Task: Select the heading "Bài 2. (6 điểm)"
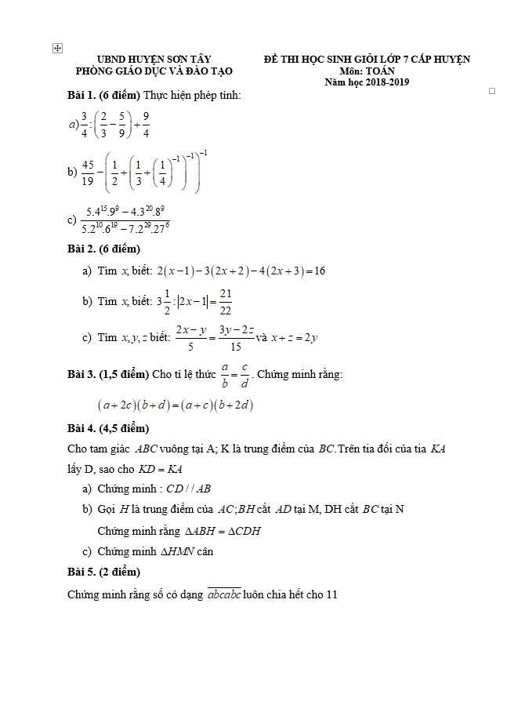pyautogui.click(x=103, y=249)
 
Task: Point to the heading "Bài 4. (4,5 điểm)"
pyautogui.click(x=108, y=428)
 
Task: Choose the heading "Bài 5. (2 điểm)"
pyautogui.click(x=103, y=572)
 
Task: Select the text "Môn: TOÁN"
pyautogui.click(x=367, y=71)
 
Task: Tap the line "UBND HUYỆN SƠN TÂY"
pyautogui.click(x=154, y=60)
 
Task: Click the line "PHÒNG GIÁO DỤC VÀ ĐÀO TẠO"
pyautogui.click(x=154, y=71)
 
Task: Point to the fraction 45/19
pyautogui.click(x=87, y=173)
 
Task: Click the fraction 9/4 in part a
pyautogui.click(x=146, y=124)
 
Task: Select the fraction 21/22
pyautogui.click(x=226, y=301)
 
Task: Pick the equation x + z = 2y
pyautogui.click(x=294, y=338)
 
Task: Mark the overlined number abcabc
pyautogui.click(x=224, y=594)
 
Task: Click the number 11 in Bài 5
pyautogui.click(x=331, y=594)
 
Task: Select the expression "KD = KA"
pyautogui.click(x=161, y=469)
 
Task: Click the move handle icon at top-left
pyautogui.click(x=56, y=49)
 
